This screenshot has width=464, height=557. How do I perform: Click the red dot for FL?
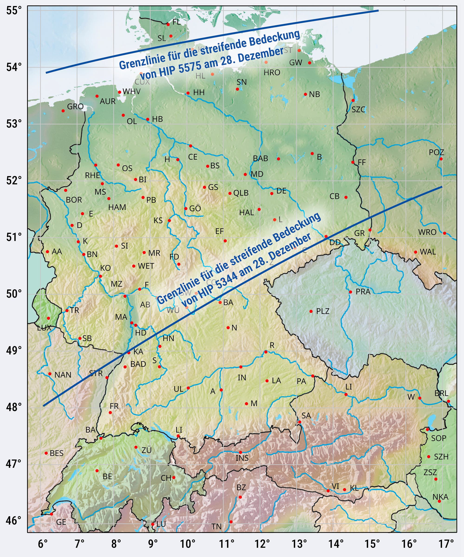click(168, 24)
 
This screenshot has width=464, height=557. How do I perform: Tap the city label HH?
click(199, 93)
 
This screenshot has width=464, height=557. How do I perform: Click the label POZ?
click(436, 152)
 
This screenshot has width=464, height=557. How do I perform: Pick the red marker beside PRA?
click(350, 292)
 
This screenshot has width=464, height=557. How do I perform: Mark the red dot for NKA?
click(439, 501)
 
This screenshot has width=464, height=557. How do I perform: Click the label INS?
click(242, 458)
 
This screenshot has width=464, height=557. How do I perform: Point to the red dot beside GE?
click(52, 514)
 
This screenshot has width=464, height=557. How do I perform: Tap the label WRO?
click(427, 232)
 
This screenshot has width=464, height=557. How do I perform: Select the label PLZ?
click(323, 311)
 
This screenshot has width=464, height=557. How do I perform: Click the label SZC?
click(358, 110)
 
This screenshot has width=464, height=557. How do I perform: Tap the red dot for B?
click(312, 154)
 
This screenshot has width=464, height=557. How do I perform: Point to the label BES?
click(56, 453)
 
